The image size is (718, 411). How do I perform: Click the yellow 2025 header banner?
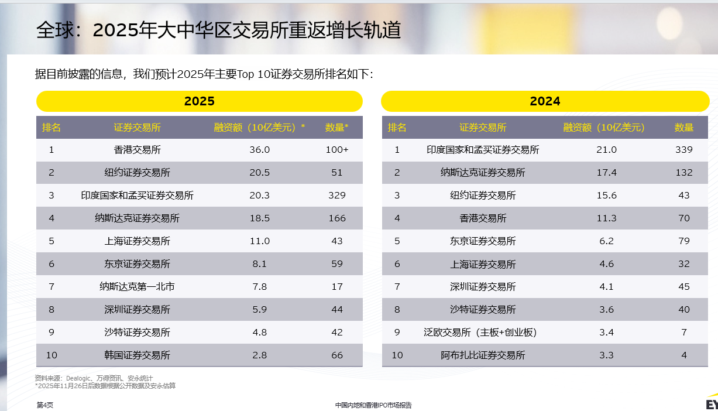click(x=200, y=101)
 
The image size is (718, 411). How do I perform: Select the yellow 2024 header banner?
click(x=545, y=101)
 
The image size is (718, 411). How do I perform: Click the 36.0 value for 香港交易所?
click(x=259, y=150)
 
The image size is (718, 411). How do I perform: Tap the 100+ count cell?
click(x=336, y=150)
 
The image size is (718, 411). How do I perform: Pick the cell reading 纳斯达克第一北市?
click(x=137, y=287)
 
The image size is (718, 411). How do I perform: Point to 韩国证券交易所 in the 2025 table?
click(x=137, y=355)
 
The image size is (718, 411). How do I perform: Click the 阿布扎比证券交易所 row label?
click(x=483, y=355)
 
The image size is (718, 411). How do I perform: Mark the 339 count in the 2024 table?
click(x=683, y=150)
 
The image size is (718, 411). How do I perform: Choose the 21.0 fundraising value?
click(x=606, y=150)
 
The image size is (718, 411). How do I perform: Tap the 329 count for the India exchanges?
click(x=336, y=196)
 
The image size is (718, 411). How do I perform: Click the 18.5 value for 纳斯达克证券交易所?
click(x=259, y=218)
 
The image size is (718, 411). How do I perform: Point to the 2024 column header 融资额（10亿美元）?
click(x=603, y=128)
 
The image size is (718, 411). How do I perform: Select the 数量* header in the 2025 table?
click(x=336, y=128)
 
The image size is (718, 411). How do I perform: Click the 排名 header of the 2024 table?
click(x=397, y=128)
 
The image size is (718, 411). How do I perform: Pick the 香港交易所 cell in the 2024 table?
click(x=483, y=218)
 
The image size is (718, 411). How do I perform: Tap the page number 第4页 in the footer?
click(x=44, y=405)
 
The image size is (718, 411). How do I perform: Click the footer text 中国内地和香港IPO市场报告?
click(x=373, y=405)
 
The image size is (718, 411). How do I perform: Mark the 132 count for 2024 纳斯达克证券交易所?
click(x=683, y=173)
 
